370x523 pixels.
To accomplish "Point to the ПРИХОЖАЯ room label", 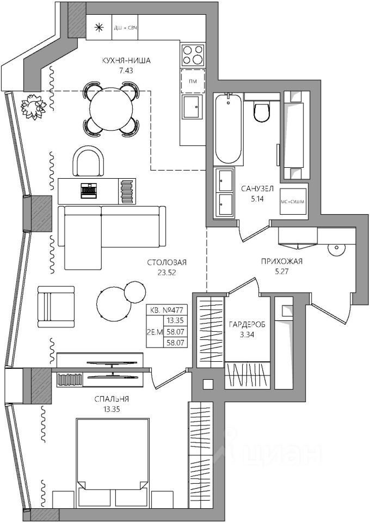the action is pos(281,261).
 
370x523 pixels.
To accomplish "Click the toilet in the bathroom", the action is pos(261,111).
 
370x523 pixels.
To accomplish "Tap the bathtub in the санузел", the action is pos(227,129).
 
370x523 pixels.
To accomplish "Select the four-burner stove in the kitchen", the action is pos(193,55).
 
